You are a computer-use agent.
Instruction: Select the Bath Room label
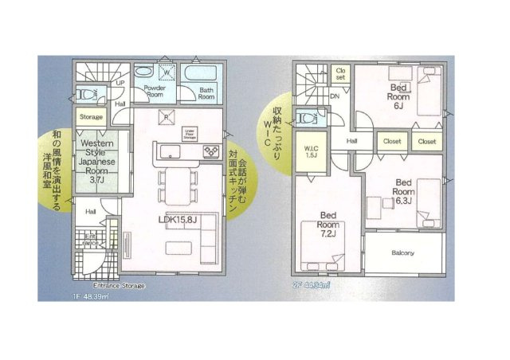pos(206,92)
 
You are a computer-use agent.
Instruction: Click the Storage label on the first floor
pos(90,117)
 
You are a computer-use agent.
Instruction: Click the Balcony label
pos(403,253)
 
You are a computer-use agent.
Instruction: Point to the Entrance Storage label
pos(119,284)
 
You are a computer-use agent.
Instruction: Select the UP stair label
pos(120,83)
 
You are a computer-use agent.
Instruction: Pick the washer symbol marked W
pos(167,72)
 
